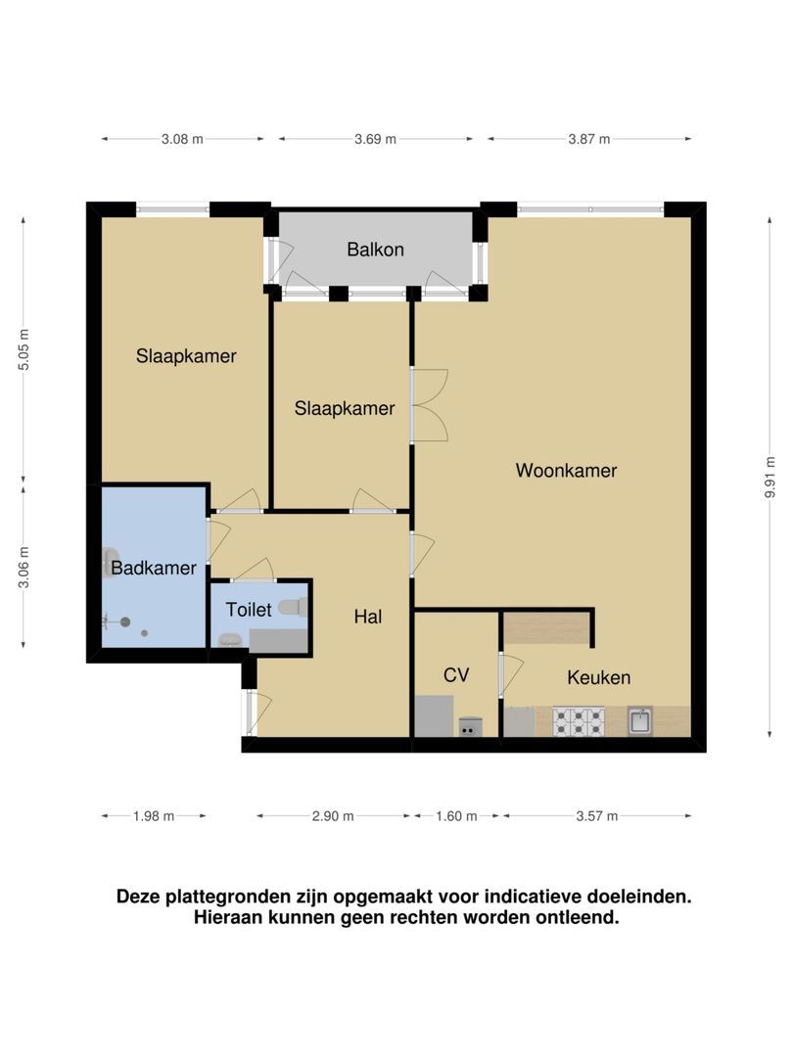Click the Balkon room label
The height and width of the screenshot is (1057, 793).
click(x=375, y=250)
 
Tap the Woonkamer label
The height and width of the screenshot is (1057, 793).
click(x=566, y=471)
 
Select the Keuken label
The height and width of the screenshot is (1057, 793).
click(x=598, y=677)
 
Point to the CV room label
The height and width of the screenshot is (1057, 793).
click(x=456, y=675)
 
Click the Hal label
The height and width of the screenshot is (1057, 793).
click(x=367, y=617)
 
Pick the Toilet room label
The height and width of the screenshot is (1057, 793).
click(x=248, y=610)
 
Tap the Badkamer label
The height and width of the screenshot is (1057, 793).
click(x=154, y=568)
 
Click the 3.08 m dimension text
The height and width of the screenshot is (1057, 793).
click(x=182, y=139)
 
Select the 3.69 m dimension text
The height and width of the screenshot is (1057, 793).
click(x=375, y=139)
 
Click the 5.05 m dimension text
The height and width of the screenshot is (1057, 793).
click(x=24, y=349)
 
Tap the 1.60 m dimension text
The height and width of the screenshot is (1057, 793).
click(x=455, y=816)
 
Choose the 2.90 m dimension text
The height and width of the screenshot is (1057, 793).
click(x=333, y=816)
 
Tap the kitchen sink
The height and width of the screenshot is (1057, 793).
click(x=640, y=722)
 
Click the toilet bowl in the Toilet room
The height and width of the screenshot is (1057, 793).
click(x=292, y=608)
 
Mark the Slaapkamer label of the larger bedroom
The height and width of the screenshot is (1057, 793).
click(x=186, y=356)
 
